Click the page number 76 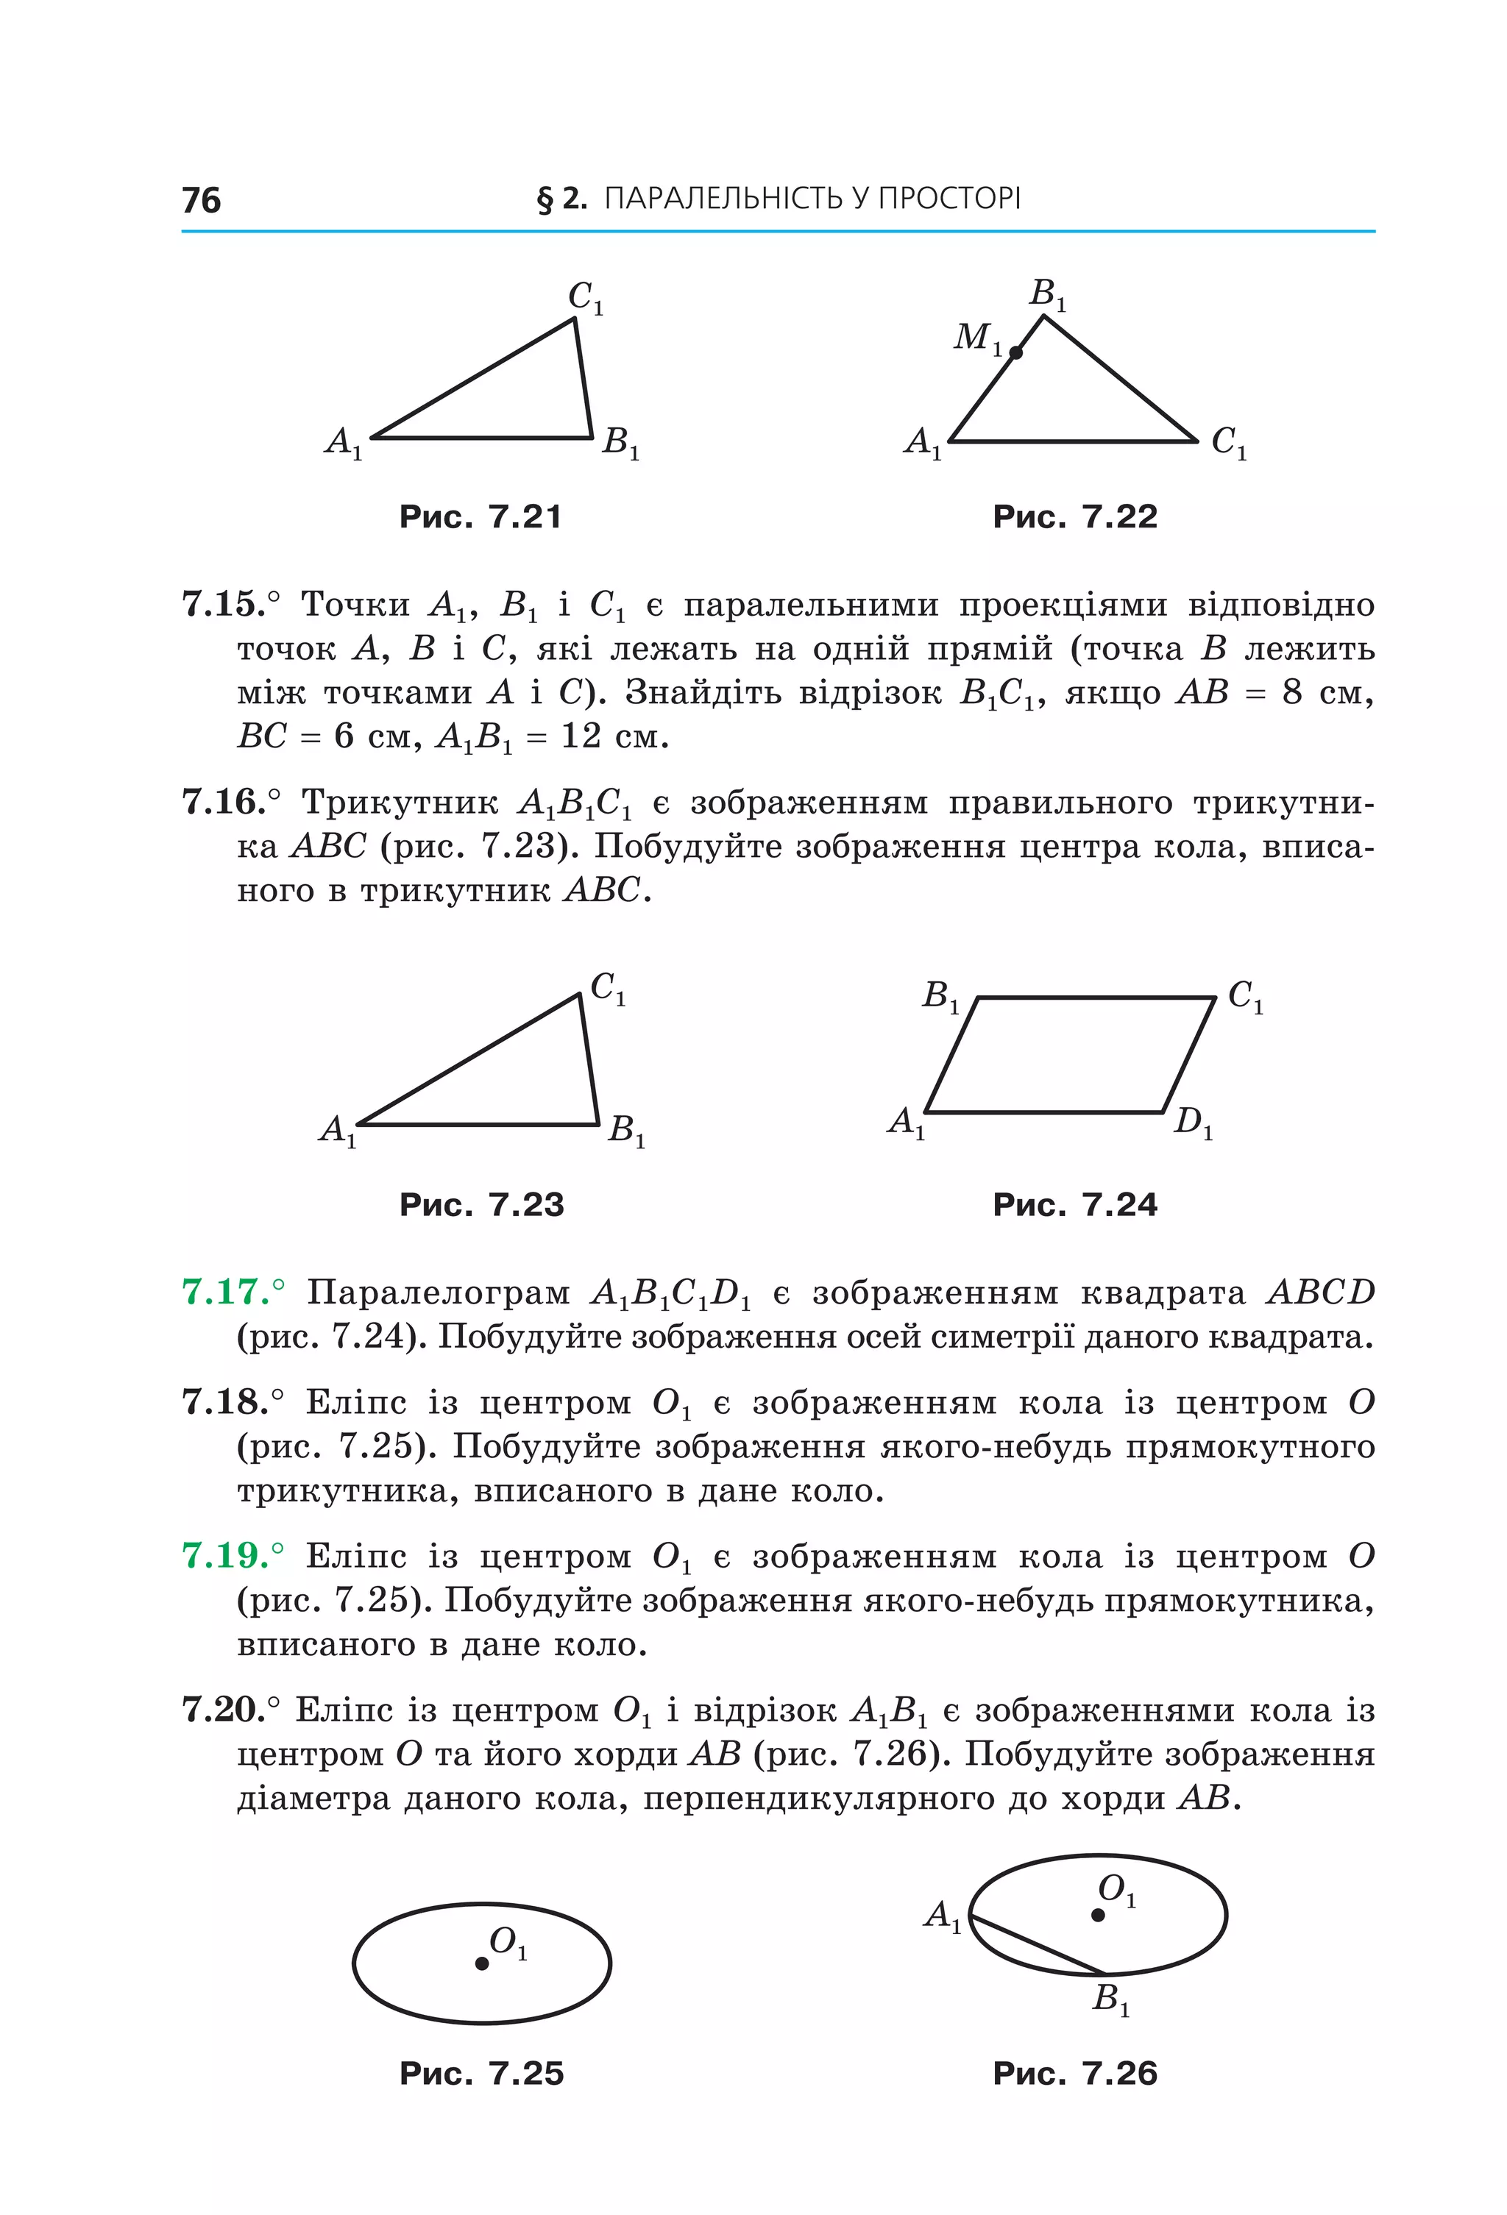201,200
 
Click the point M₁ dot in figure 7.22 1016,352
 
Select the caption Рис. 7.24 1074,1205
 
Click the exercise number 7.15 223,604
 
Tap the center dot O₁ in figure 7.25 482,1963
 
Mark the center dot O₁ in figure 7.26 1098,1915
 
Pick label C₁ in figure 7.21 585,297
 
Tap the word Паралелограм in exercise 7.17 438,1293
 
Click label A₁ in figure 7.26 943,1914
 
